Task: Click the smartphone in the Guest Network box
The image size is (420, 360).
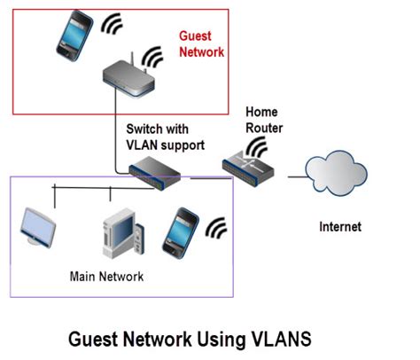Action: click(74, 36)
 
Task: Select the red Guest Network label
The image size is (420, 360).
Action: click(201, 44)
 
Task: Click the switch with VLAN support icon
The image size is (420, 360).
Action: click(155, 174)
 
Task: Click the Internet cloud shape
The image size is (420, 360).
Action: click(336, 173)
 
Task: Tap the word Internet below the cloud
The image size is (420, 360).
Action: click(340, 227)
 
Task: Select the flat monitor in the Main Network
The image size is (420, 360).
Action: click(38, 228)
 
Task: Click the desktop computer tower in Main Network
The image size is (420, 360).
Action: click(123, 233)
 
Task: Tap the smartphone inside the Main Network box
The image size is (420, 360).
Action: click(181, 233)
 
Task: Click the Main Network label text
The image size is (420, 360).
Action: click(106, 277)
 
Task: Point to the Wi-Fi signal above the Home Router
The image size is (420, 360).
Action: click(256, 146)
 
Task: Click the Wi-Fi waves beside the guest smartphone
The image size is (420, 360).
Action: click(111, 24)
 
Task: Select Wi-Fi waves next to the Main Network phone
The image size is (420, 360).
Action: click(215, 228)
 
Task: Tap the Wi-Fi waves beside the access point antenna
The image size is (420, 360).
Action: click(152, 57)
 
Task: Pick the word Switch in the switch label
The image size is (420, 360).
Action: click(144, 129)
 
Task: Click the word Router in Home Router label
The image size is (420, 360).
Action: click(264, 128)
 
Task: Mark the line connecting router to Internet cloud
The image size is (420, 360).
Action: click(297, 177)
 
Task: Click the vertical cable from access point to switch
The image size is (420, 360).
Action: click(115, 130)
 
